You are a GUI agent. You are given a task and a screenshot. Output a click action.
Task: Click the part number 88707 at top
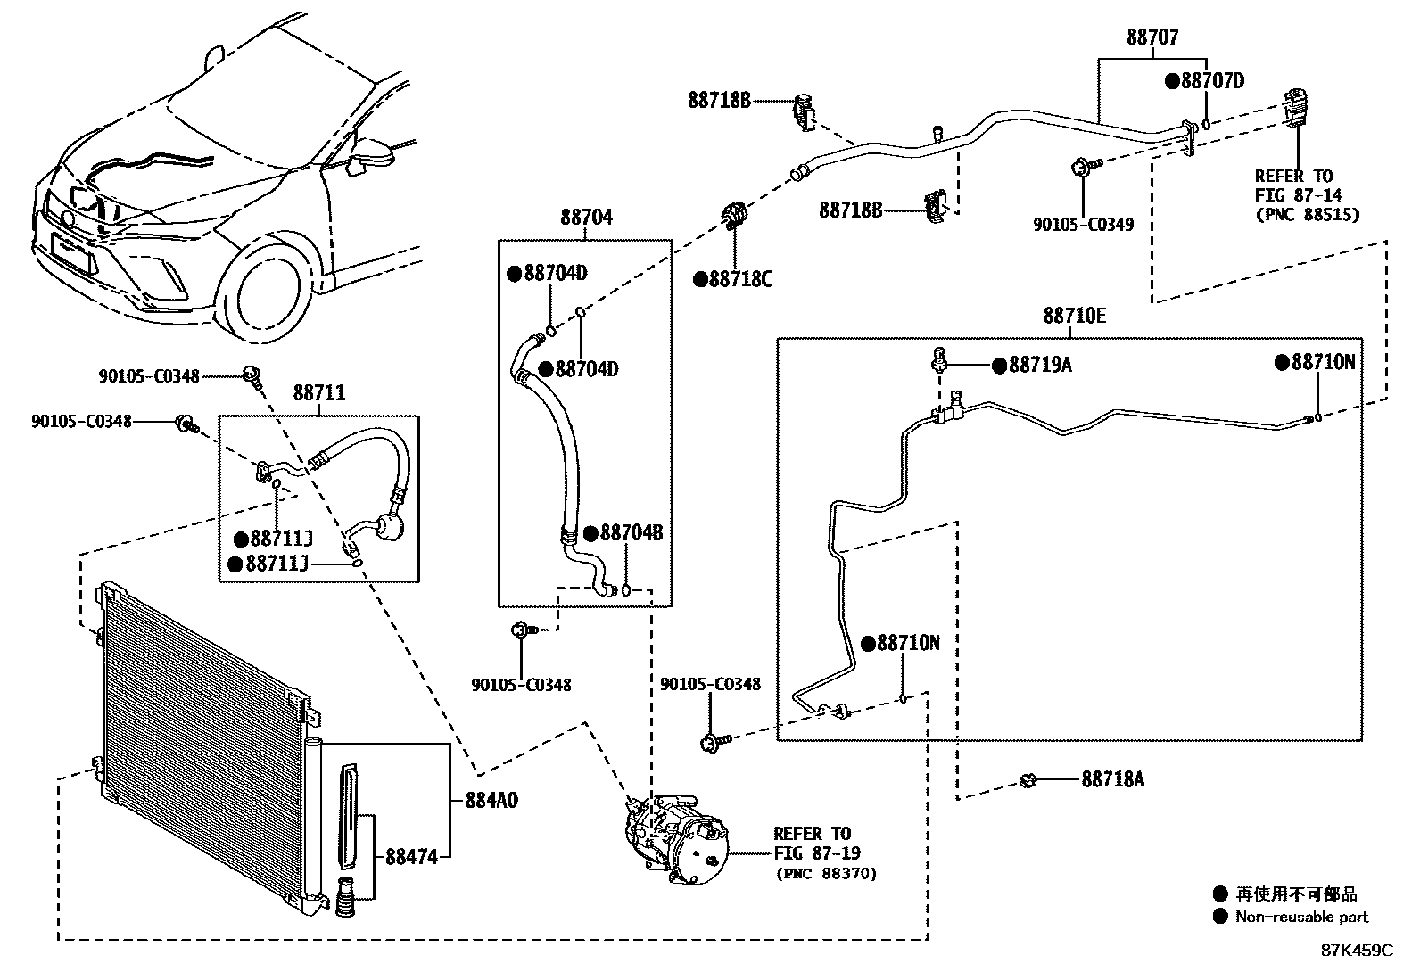[x=1152, y=37]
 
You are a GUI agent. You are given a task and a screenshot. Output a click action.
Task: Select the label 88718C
[x=740, y=279]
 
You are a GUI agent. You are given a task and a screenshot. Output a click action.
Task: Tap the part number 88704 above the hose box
[x=586, y=218]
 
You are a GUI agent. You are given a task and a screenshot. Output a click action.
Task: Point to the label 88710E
[x=1075, y=316]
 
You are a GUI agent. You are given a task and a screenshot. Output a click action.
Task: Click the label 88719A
[x=1040, y=365]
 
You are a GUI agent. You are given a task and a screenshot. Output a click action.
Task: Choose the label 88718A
[x=1113, y=779]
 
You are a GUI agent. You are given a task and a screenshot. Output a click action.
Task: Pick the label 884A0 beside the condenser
[x=492, y=801]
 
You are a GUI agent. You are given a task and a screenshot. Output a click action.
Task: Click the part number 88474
[x=412, y=857]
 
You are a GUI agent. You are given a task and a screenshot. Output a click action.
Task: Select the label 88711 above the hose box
[x=319, y=393]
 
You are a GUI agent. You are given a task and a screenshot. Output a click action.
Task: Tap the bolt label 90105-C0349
[x=1084, y=225]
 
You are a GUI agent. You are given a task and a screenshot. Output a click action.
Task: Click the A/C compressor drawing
[x=676, y=838]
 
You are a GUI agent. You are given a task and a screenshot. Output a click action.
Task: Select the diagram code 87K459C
[x=1358, y=951]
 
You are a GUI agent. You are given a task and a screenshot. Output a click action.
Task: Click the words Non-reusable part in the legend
[x=1302, y=917]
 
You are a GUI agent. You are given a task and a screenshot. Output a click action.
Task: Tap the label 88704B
[x=632, y=533]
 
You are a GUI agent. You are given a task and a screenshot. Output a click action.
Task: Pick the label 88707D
[x=1213, y=81]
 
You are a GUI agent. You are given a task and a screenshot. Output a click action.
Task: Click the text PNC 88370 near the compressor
[x=827, y=874]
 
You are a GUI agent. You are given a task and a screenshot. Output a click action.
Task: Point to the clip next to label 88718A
[x=1028, y=780]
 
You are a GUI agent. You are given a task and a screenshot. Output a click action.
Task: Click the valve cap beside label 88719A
[x=939, y=358]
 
